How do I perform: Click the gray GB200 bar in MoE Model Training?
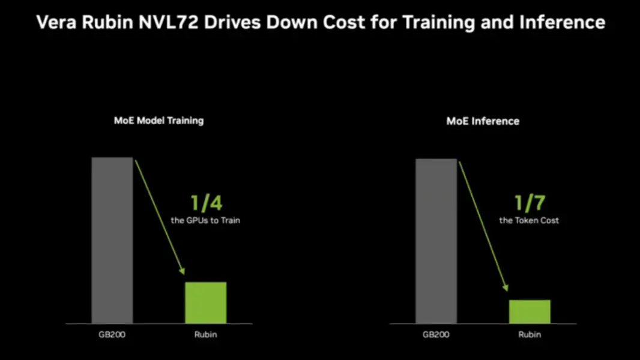pos(112,240)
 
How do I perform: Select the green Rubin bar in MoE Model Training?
pos(205,302)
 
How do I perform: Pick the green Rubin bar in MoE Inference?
pos(530,311)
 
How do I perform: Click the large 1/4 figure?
pos(206,203)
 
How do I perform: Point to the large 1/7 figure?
pos(530,203)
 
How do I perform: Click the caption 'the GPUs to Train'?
pos(205,221)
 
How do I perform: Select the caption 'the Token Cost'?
pos(529,220)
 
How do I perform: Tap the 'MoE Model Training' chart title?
pos(159,121)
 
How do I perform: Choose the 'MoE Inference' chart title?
pos(483,121)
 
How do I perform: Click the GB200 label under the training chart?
pos(112,334)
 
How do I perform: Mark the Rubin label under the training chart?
pos(205,334)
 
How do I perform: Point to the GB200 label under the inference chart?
pos(436,334)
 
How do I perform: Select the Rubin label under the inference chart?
pos(530,334)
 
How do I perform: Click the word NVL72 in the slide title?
pos(173,23)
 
